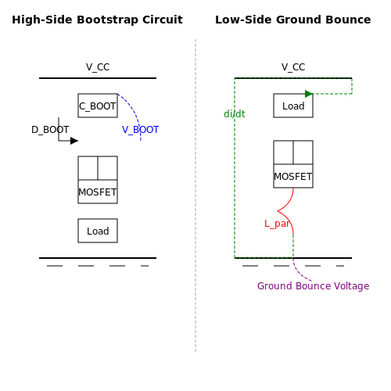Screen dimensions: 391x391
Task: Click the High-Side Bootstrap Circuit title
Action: pos(97,20)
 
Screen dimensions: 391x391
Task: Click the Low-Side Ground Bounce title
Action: pos(293,20)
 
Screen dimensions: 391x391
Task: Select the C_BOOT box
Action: pos(98,106)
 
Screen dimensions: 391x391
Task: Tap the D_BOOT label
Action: pos(50,130)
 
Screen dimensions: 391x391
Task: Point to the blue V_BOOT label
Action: pos(140,130)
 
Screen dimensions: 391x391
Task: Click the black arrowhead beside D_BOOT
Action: pos(74,141)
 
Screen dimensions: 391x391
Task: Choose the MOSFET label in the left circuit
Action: pos(98,192)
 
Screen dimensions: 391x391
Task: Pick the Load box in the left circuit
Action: pos(98,231)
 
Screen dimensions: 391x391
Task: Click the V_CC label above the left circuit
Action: pos(98,67)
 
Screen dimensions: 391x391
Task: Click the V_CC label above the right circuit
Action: pos(293,67)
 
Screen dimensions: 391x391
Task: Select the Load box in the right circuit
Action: pos(293,106)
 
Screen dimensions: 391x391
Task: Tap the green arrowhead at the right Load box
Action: pos(309,94)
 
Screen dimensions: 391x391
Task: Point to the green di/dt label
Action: pos(235,114)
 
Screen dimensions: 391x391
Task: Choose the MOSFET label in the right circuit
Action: pos(293,177)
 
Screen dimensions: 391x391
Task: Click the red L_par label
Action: pos(277,224)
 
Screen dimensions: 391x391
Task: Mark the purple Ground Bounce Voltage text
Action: pos(313,286)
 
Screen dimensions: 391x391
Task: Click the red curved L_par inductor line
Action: pos(278,211)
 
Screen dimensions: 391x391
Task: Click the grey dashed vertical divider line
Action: pos(195,195)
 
